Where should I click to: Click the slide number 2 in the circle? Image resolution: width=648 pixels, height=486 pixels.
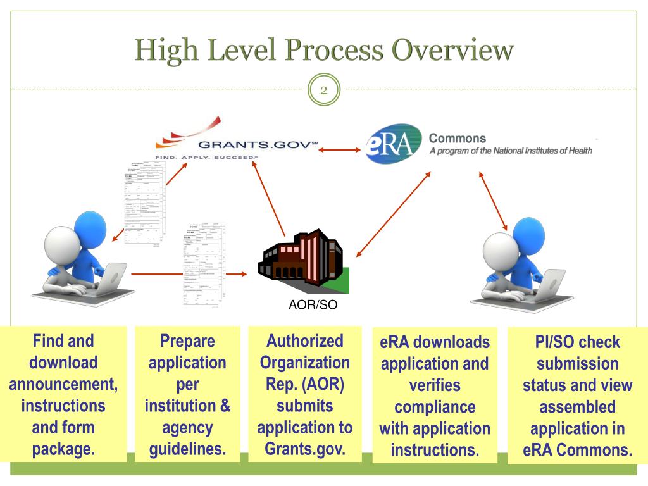pos(323,90)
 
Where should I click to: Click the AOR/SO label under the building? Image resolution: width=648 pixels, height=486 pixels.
pos(309,305)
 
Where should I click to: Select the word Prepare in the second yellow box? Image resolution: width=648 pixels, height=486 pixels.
pos(187,341)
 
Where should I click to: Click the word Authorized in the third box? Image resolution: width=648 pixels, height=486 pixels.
pos(304,341)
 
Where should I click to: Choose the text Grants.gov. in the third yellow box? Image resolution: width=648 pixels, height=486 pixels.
pos(304,449)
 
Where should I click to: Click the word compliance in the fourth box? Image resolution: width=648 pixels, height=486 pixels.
pos(434,407)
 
